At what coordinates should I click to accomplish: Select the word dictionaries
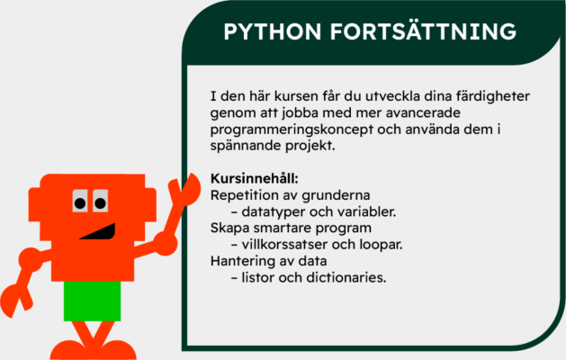coord(346,277)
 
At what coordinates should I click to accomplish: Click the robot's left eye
coord(79,202)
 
